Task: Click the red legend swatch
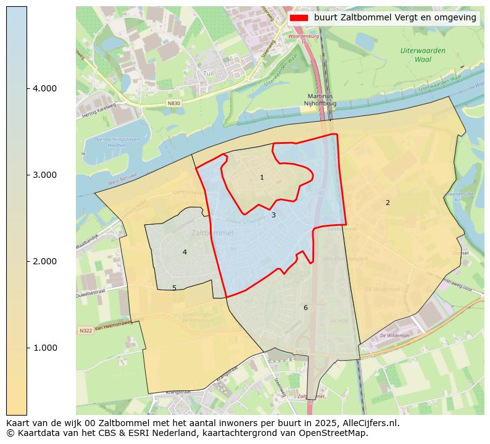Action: click(x=299, y=18)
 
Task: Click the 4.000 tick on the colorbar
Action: click(x=44, y=89)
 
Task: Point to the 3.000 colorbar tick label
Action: click(x=44, y=175)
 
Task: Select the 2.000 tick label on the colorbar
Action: click(x=44, y=262)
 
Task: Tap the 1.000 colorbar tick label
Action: click(x=44, y=348)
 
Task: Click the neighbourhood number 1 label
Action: click(x=262, y=178)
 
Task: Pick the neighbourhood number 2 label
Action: click(x=388, y=203)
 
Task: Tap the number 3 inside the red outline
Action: click(x=273, y=216)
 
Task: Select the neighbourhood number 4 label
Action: click(x=185, y=253)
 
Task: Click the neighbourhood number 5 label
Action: click(x=174, y=288)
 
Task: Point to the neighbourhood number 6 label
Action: click(x=305, y=308)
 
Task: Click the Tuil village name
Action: click(x=208, y=74)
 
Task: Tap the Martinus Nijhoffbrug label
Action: click(x=320, y=100)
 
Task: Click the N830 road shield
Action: click(x=174, y=103)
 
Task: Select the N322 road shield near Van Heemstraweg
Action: click(x=85, y=332)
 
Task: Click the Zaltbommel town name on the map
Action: click(x=212, y=233)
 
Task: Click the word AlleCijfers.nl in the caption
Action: click(x=368, y=424)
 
